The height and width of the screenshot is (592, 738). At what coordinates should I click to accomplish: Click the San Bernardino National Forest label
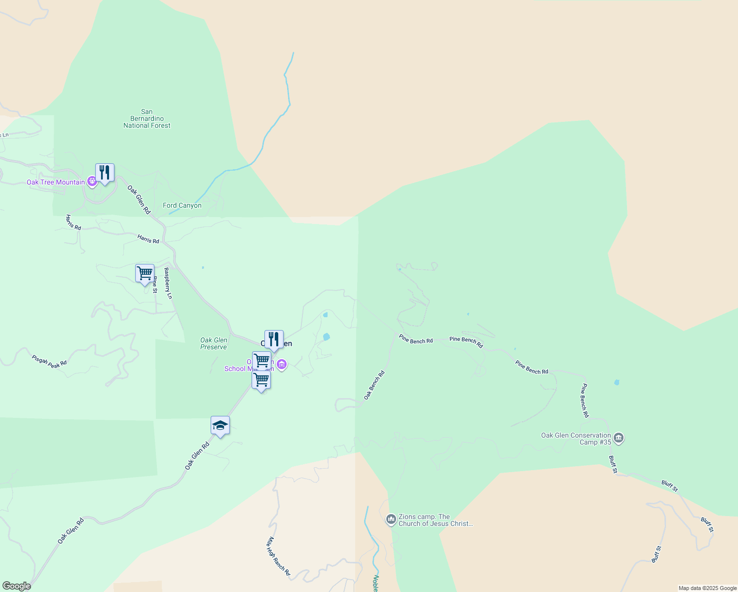147,119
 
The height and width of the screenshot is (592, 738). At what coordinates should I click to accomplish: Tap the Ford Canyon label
182,206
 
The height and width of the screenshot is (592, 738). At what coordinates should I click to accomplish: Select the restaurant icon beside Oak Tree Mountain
105,173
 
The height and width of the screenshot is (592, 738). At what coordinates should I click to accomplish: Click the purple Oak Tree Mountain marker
92,182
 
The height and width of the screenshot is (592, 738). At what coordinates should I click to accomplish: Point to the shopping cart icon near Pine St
145,273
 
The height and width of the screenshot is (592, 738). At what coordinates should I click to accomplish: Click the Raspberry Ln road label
168,283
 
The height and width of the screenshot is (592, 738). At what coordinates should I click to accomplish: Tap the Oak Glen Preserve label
214,343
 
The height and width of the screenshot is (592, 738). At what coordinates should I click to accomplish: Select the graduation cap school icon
220,425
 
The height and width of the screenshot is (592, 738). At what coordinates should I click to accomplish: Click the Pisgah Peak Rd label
49,362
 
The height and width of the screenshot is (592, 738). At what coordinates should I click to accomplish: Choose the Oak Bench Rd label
374,385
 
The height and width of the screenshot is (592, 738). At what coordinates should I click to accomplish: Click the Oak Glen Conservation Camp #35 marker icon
619,438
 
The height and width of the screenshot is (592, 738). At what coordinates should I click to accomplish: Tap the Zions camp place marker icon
391,519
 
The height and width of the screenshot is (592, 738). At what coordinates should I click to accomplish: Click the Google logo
16,586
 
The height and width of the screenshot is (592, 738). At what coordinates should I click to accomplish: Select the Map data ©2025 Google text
707,588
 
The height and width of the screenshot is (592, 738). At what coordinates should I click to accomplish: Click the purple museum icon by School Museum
282,365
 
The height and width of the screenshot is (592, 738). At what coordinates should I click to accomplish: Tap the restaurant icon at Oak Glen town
274,339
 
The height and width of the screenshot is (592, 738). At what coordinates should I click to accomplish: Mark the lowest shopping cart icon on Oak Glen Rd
261,380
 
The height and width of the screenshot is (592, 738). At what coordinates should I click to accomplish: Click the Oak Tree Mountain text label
56,182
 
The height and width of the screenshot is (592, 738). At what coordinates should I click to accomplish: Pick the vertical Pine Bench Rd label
585,401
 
